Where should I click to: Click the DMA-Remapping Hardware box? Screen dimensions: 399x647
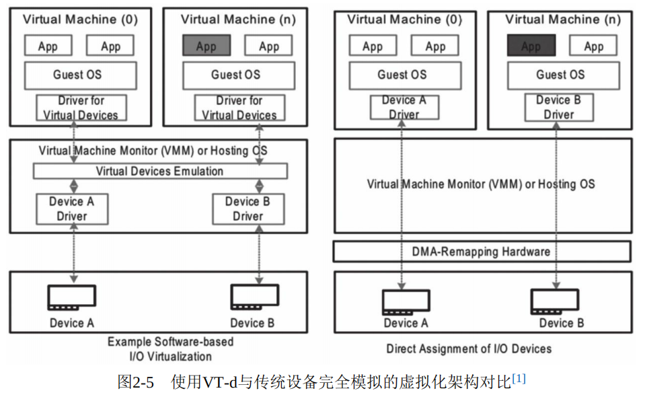(482, 252)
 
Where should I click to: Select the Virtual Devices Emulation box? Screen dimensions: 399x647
(160, 171)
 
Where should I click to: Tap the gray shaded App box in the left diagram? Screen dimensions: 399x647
(206, 46)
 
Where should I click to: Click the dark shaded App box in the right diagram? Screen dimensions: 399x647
(531, 46)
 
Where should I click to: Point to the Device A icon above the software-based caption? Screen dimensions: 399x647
(71, 298)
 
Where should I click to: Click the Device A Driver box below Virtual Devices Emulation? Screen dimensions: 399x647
(71, 209)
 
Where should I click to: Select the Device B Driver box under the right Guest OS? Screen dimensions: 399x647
(559, 108)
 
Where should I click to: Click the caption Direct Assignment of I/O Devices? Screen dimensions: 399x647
(469, 349)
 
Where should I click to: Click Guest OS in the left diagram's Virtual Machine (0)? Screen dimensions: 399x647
(79, 75)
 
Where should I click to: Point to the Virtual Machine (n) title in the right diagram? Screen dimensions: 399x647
(563, 20)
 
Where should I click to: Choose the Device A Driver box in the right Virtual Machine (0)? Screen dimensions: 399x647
(404, 108)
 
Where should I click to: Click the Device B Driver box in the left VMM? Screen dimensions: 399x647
(248, 209)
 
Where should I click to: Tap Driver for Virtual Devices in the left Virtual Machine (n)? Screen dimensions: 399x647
(239, 108)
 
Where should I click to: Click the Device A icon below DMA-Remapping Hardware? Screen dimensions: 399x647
(406, 302)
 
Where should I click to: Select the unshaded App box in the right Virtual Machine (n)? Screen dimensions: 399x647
(593, 46)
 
